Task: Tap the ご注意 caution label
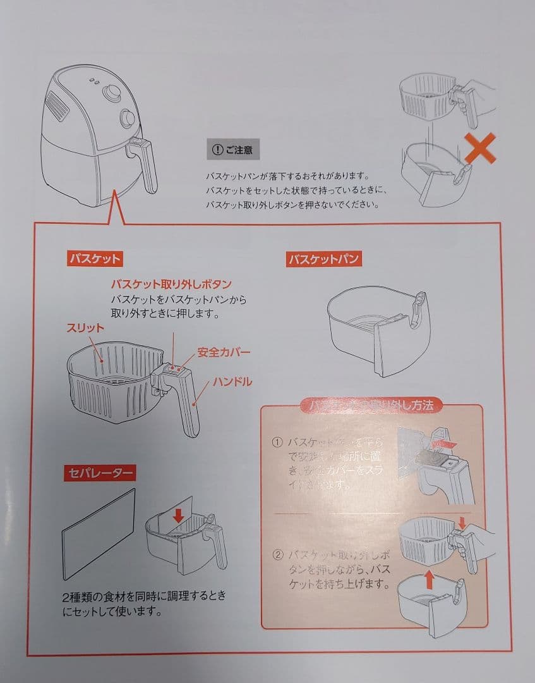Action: (x=234, y=150)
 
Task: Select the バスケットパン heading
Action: (x=323, y=259)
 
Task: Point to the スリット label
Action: (x=85, y=329)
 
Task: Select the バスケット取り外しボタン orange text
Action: (x=171, y=283)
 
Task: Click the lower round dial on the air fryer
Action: (x=126, y=118)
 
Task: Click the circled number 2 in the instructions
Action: (x=277, y=555)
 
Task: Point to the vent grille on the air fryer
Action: (x=59, y=106)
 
